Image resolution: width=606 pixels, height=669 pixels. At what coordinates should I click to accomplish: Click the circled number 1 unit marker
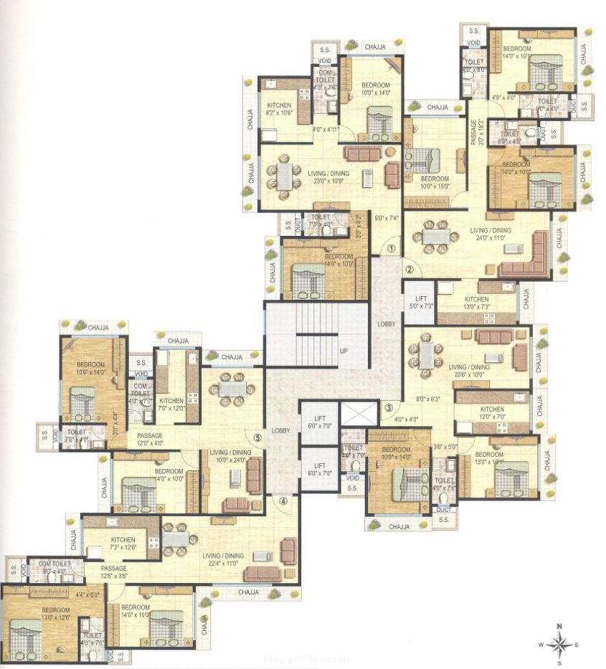(392, 249)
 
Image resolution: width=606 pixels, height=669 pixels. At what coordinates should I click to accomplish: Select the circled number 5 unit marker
(257, 435)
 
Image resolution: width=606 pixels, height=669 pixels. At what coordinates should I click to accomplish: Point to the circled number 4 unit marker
(283, 501)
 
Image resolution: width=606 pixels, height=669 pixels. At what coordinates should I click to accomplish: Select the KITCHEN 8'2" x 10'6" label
(279, 109)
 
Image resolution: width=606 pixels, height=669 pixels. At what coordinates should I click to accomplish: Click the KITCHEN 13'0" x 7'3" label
(476, 303)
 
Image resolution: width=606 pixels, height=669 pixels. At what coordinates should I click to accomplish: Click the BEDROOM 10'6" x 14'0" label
(91, 368)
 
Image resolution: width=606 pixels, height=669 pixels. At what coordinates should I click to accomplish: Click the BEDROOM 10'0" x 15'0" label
(435, 183)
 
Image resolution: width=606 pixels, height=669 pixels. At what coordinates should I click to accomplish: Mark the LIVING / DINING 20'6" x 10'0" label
(470, 371)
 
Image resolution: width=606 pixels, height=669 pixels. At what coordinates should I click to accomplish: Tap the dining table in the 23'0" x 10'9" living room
(285, 176)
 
